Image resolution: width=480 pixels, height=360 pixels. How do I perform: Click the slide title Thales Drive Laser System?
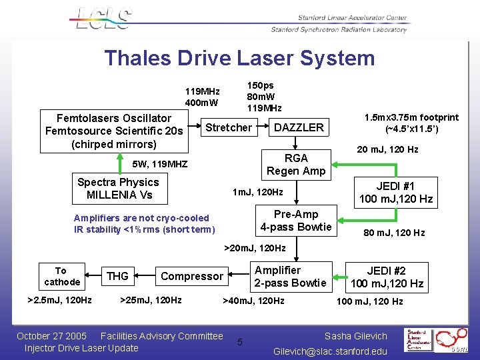(239, 58)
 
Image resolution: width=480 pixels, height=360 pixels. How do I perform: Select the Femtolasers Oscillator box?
(114, 131)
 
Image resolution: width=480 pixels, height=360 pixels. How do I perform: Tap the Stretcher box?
(229, 127)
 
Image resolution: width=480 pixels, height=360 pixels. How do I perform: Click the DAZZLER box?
(299, 127)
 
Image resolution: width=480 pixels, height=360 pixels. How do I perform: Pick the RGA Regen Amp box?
(296, 165)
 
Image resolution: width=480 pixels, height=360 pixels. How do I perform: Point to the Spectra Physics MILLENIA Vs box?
(118, 189)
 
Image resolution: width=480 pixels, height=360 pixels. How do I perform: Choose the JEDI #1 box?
(396, 192)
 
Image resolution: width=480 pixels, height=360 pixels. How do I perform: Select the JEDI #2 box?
(387, 277)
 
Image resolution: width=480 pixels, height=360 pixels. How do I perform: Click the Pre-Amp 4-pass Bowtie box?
(296, 221)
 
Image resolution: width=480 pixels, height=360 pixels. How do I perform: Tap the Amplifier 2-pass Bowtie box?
(291, 277)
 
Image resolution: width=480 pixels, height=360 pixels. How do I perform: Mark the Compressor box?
(192, 276)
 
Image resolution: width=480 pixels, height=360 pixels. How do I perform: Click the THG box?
(117, 276)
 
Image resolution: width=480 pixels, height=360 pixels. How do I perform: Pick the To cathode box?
(61, 276)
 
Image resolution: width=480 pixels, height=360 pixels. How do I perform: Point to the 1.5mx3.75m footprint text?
(411, 122)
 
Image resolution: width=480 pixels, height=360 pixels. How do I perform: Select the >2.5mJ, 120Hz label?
(59, 300)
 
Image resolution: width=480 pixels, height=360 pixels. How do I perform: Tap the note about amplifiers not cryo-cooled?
(145, 224)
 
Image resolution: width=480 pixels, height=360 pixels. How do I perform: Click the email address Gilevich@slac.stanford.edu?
(330, 351)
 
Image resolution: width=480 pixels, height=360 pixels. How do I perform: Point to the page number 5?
(240, 343)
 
